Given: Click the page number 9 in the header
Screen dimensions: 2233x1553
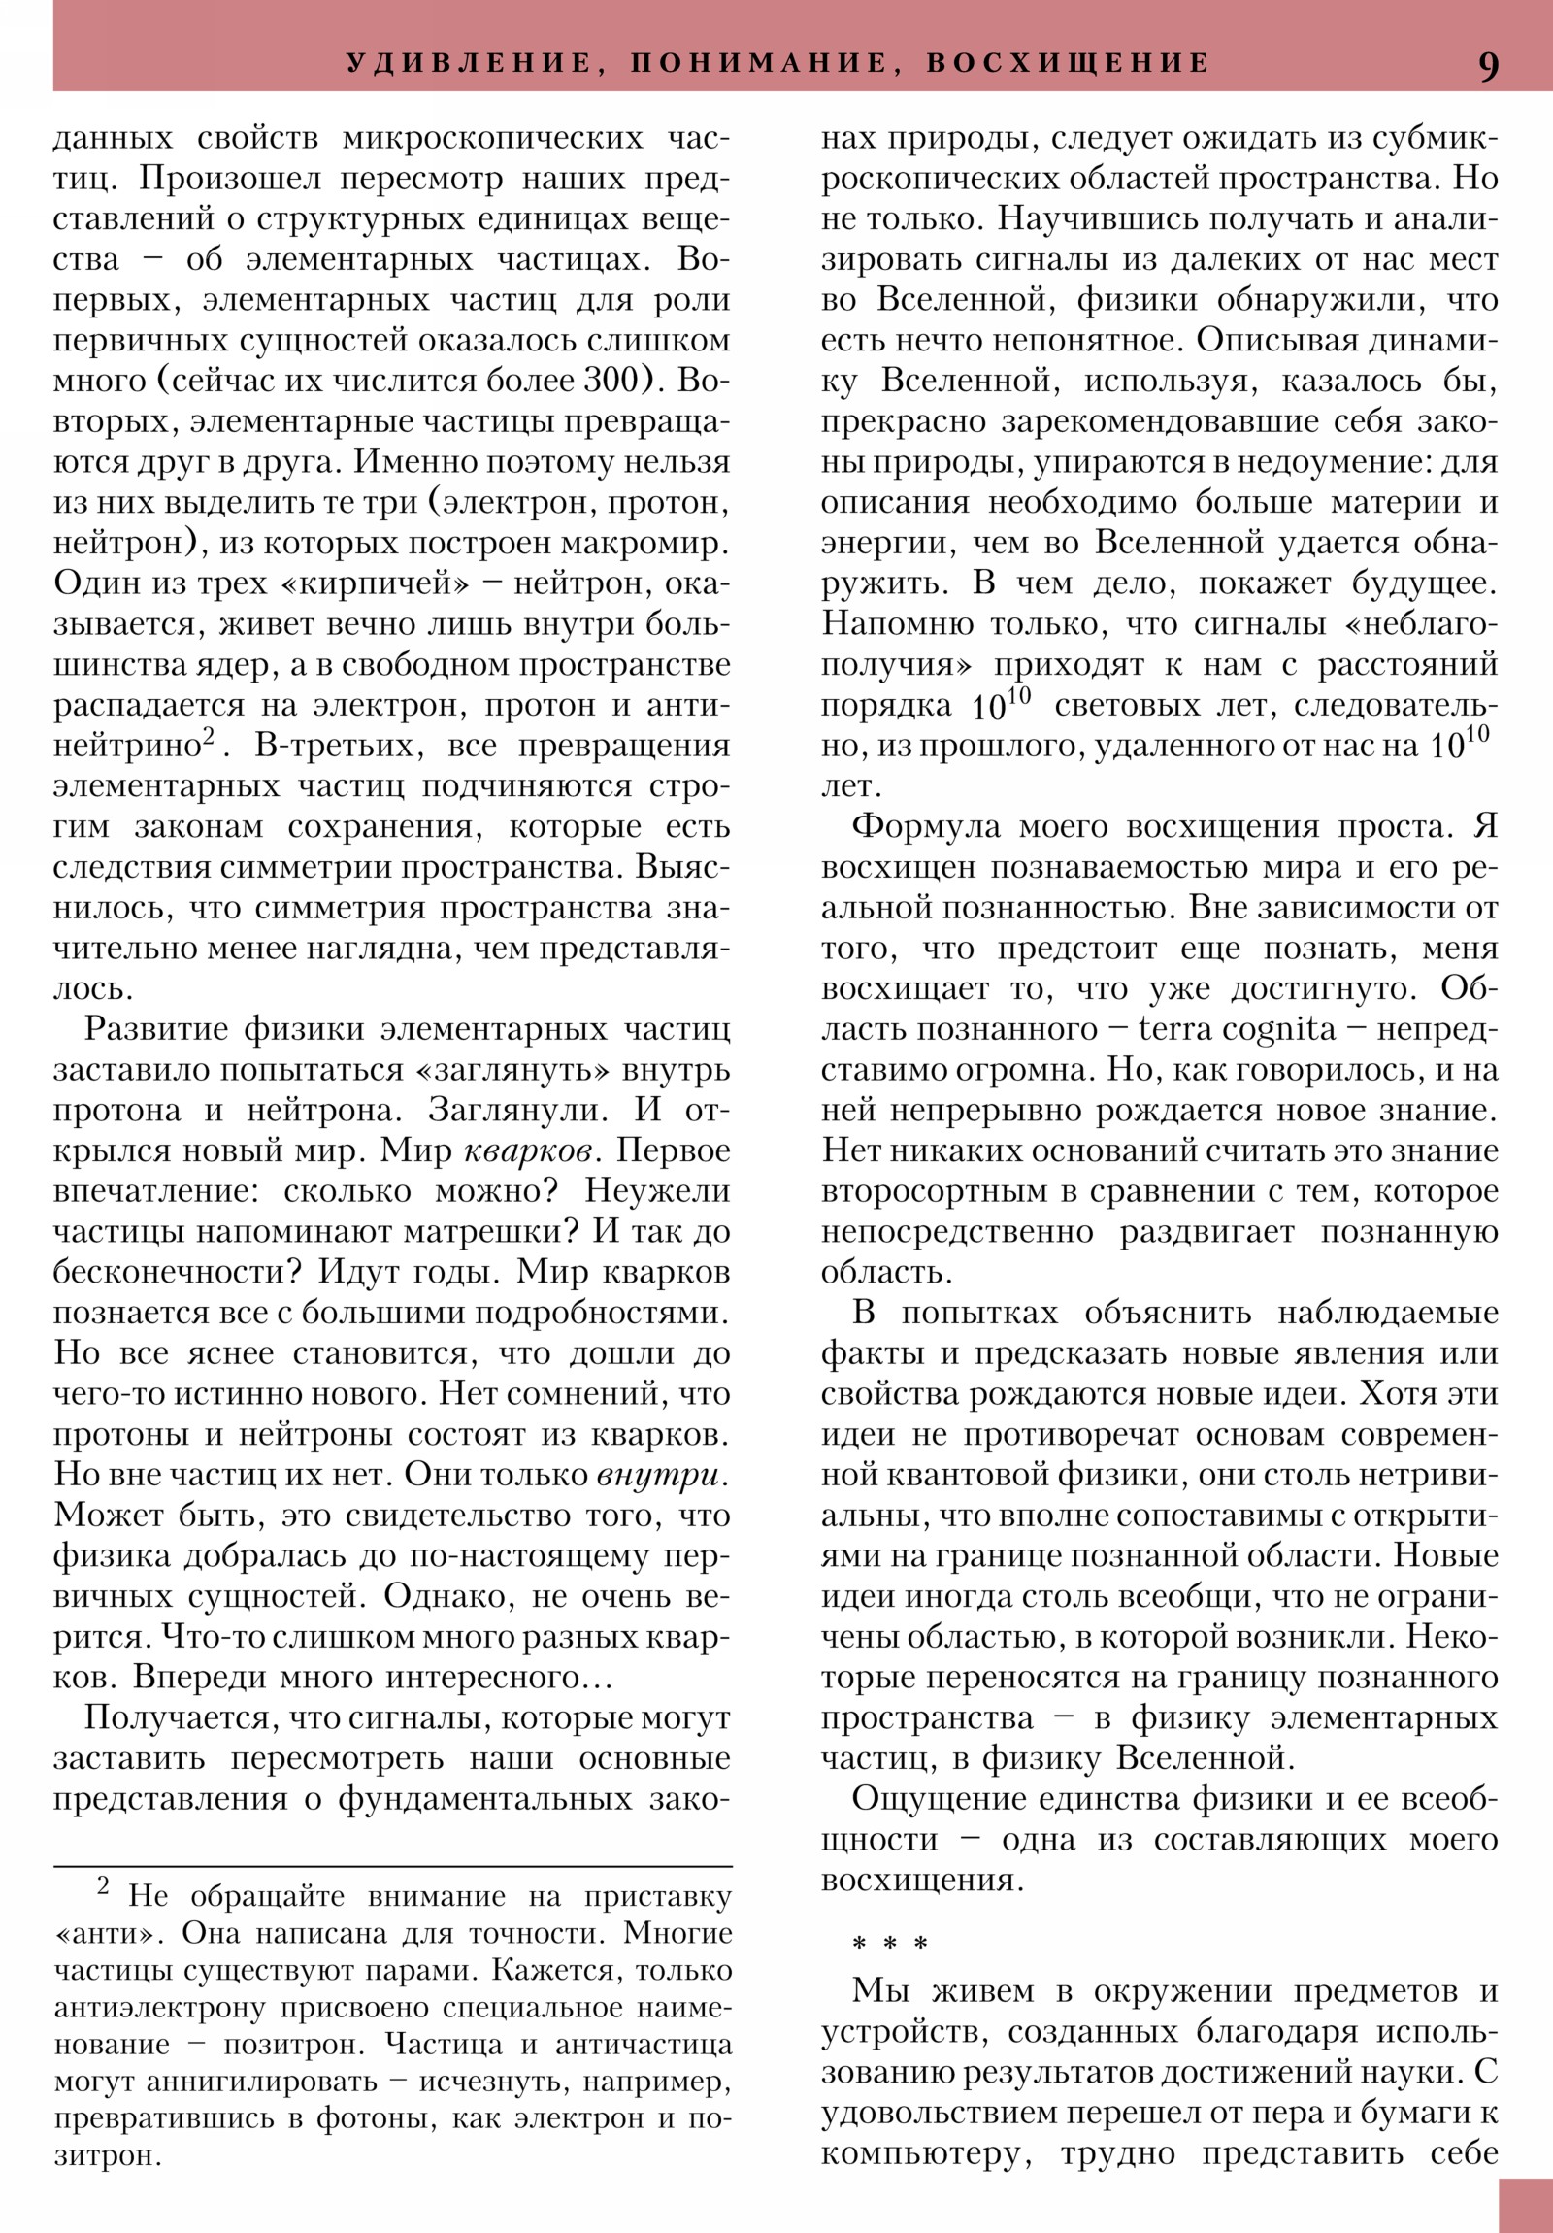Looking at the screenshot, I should click(x=1488, y=66).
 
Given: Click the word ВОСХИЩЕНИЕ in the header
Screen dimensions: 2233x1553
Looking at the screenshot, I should click(x=1068, y=63).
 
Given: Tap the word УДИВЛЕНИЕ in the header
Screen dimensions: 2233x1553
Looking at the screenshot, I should click(x=469, y=63).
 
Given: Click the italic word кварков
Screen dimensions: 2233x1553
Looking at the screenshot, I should click(x=527, y=1151).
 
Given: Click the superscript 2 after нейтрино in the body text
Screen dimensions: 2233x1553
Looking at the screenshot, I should click(x=208, y=739).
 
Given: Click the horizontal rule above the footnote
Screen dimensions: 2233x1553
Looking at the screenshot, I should click(x=392, y=1866).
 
